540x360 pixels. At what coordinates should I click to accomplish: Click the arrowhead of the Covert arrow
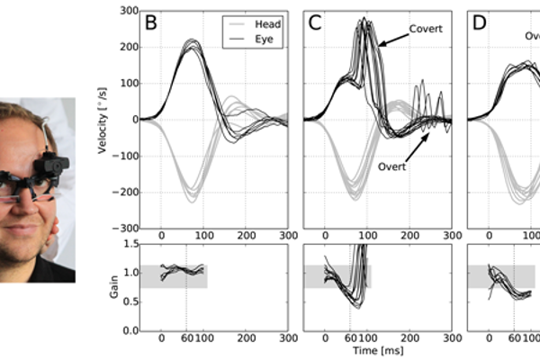point(379,44)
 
